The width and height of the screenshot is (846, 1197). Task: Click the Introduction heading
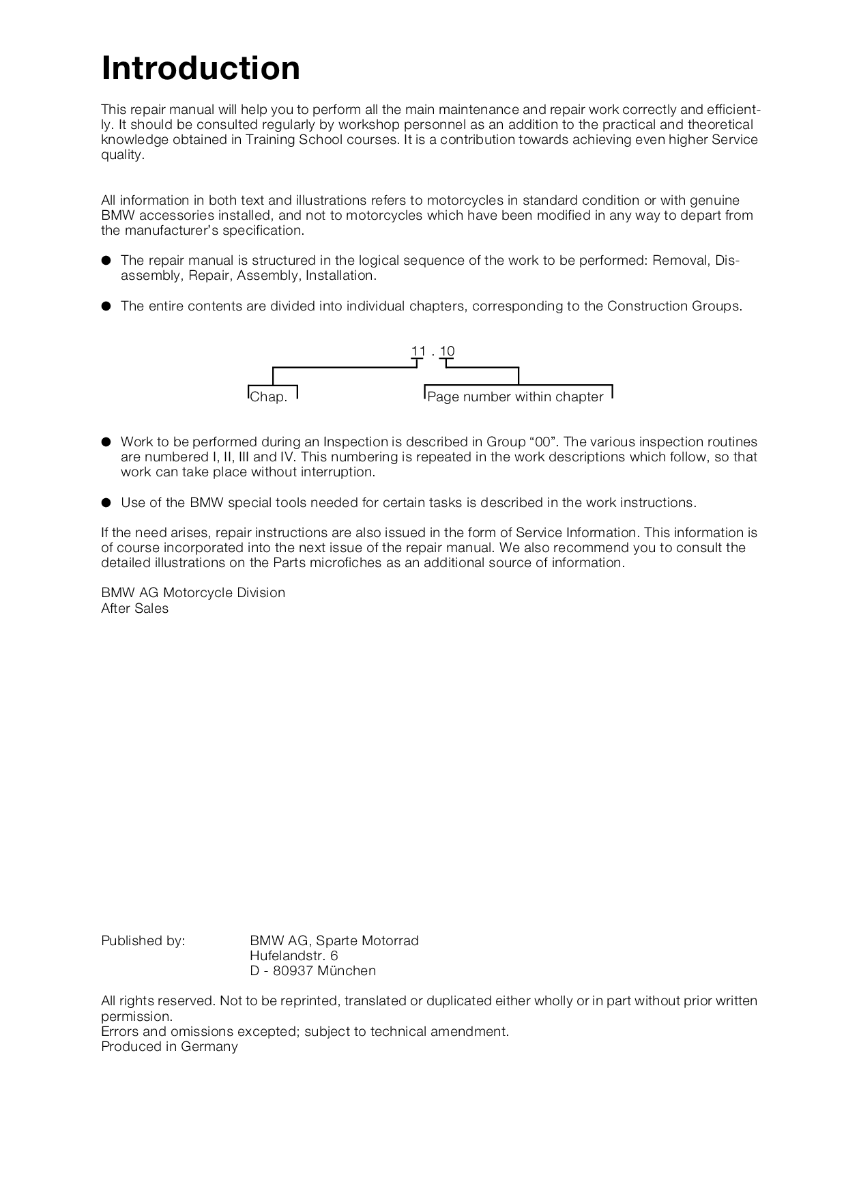coord(201,69)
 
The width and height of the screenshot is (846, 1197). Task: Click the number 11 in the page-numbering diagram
coord(418,351)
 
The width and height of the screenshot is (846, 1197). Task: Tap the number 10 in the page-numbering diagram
coord(447,351)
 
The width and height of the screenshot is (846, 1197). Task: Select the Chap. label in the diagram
coord(269,397)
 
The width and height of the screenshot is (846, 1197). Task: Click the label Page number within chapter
coord(515,397)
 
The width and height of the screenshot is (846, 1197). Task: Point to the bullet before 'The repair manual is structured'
coord(106,261)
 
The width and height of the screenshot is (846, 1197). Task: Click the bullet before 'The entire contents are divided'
coord(106,306)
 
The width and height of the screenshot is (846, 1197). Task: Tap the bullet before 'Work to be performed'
coord(106,442)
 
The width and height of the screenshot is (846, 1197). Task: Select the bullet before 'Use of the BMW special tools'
coord(106,503)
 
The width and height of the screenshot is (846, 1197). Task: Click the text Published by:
coord(143,941)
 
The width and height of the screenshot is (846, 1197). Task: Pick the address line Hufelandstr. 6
coord(293,956)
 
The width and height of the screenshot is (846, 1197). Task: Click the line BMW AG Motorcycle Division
coord(193,593)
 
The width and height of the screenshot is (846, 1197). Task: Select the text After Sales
coord(134,609)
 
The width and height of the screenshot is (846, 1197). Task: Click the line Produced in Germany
coord(169,1047)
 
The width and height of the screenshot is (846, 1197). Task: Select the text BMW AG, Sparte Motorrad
coord(334,941)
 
